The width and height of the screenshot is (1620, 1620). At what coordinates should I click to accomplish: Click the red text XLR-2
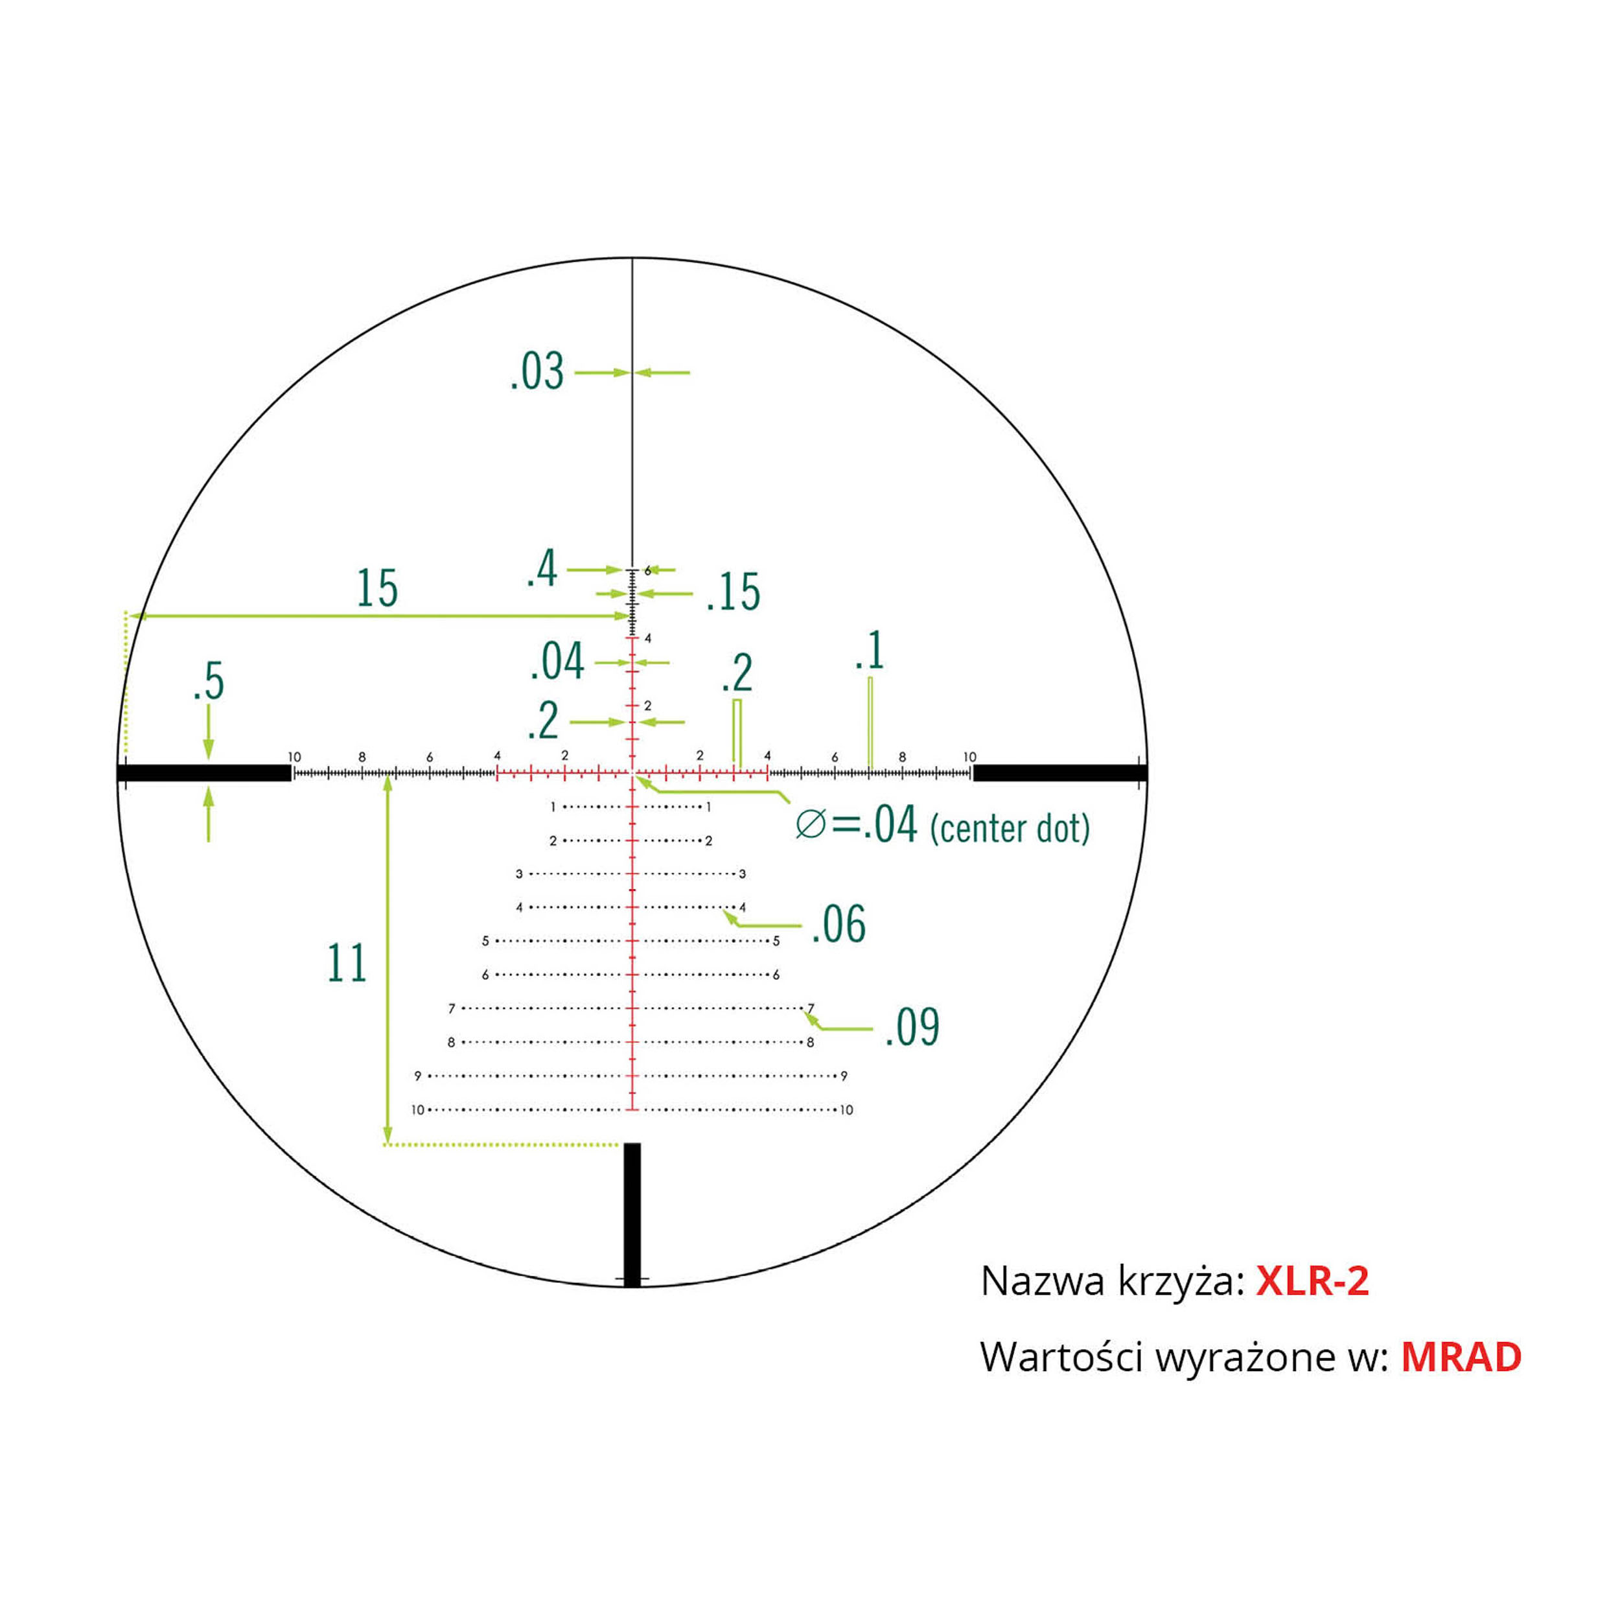click(1312, 1281)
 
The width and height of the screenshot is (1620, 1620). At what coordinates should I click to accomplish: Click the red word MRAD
click(1461, 1358)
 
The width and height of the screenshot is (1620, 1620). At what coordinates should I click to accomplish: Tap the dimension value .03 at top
click(537, 373)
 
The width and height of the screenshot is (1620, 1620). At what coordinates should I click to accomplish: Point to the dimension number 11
click(347, 963)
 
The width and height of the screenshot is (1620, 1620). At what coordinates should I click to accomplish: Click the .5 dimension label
click(209, 681)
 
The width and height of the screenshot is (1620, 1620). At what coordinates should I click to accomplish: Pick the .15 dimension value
click(733, 593)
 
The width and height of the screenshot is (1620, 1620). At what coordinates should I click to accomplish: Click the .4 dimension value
click(542, 570)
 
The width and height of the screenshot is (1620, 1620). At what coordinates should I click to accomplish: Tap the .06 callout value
click(839, 925)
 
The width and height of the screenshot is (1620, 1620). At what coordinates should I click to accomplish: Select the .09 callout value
click(912, 1027)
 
